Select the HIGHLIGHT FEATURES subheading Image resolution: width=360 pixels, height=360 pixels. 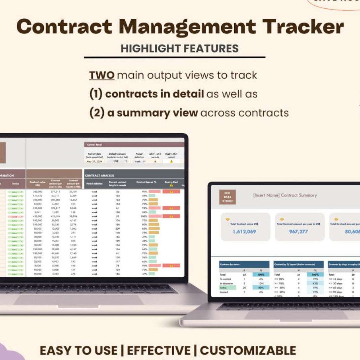[180, 49]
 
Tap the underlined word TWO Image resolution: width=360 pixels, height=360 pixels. [102, 75]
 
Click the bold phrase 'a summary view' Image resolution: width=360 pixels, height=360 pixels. [152, 113]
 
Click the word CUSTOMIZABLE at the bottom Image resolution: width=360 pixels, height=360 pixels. [248, 350]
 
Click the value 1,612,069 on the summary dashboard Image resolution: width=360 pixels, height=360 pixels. [244, 232]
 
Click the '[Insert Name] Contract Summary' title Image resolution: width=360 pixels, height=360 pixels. [285, 195]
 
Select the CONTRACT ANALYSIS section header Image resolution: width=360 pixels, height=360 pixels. [99, 175]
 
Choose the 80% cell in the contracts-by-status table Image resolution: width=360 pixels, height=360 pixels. [261, 287]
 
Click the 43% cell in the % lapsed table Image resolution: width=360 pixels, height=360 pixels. [315, 283]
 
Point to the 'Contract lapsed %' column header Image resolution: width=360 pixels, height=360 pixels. [147, 182]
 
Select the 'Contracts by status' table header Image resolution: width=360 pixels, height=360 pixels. [231, 264]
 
